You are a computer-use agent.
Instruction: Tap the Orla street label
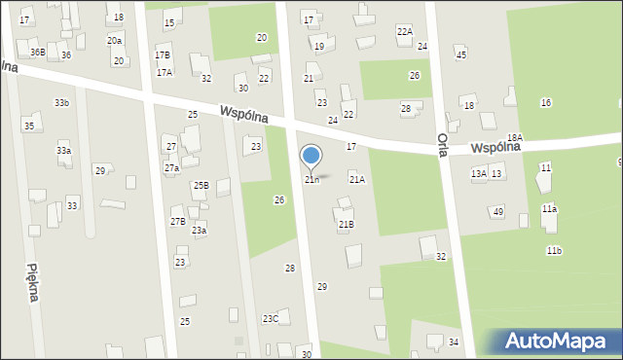442,151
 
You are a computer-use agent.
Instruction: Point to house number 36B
37,52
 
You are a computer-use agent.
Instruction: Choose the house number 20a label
114,40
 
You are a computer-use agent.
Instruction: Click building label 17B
163,55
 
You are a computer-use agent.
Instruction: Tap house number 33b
61,102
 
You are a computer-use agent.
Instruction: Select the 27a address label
171,168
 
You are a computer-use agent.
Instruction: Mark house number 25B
201,185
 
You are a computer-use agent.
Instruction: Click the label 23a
199,231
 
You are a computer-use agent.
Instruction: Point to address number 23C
270,318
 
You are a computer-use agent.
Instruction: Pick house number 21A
357,179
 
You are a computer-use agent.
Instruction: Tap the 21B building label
346,224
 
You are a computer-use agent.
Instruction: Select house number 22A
404,31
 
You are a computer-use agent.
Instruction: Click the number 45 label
460,54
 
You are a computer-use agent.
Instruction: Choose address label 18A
514,138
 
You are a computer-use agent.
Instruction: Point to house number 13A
478,173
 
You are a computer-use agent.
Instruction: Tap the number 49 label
497,211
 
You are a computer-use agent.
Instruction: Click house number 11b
554,250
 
